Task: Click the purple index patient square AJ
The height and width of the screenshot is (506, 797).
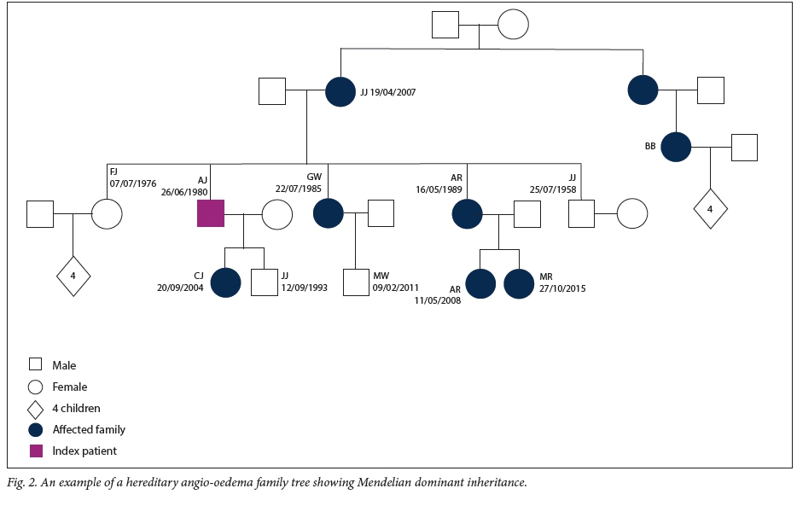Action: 211,213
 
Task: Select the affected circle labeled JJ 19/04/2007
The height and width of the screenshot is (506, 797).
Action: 340,91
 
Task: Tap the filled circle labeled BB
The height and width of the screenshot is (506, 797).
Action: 676,147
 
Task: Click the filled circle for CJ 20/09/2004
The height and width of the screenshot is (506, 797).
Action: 225,282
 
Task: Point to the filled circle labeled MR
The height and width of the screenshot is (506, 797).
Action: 519,283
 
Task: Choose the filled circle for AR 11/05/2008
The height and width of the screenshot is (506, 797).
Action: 480,283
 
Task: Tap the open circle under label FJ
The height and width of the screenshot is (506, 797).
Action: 107,213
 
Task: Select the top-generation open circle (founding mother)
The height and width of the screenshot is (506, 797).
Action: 513,25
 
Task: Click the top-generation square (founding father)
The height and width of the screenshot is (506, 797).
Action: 445,25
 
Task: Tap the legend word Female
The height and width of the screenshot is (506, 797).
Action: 71,387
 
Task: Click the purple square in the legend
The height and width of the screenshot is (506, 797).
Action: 36,451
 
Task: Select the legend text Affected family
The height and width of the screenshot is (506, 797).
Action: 89,429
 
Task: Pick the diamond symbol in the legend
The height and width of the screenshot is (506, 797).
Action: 36,408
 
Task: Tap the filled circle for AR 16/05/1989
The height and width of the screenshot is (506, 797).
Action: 467,213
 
